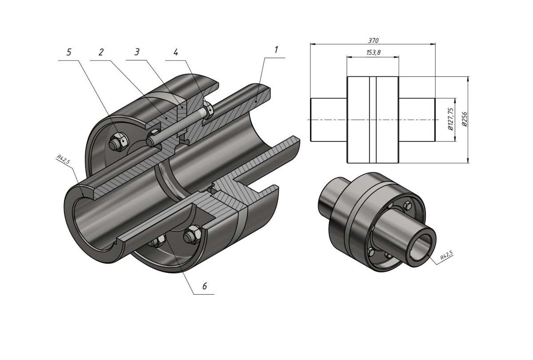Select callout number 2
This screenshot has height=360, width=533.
click(101, 52)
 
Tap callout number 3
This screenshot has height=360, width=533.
click(137, 52)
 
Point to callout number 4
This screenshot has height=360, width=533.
click(176, 52)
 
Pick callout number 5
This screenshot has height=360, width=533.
click(68, 52)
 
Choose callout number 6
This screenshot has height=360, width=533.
click(204, 286)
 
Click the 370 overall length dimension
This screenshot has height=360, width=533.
click(373, 40)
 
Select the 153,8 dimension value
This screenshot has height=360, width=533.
click(374, 53)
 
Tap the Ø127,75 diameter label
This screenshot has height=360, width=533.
click(451, 119)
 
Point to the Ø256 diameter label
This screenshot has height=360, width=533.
click(464, 119)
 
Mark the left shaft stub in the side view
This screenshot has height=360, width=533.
click(328, 120)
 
